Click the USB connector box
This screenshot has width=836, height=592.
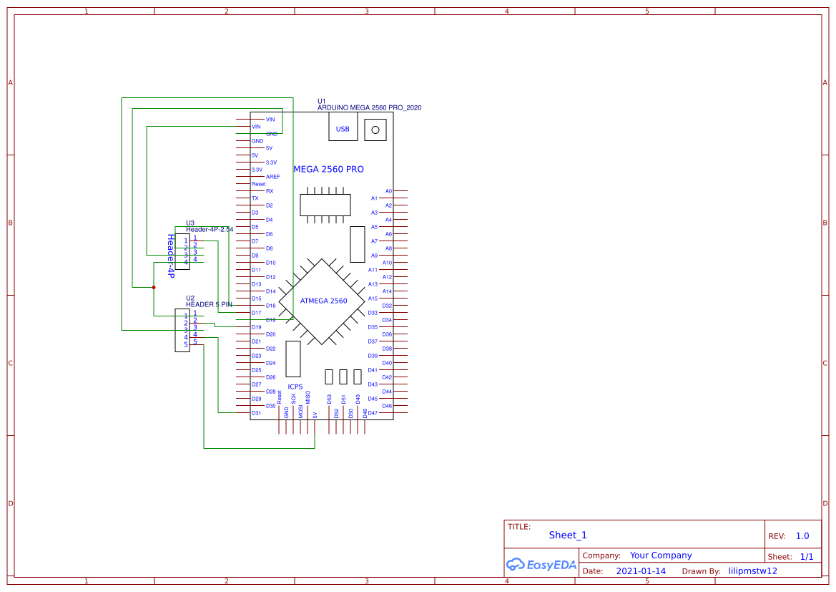coord(343,129)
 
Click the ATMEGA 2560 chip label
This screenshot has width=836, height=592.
coord(323,301)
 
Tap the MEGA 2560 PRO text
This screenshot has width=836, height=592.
coord(328,170)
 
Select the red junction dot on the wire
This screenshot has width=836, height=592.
coord(154,287)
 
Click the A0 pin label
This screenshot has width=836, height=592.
coord(388,191)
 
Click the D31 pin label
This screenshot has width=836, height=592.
coord(256,413)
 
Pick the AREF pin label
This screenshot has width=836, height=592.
coord(272,177)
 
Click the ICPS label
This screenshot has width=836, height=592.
coord(295,387)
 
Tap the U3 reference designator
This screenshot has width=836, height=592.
coord(190,223)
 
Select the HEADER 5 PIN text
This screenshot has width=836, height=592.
coord(209,304)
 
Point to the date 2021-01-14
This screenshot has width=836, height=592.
coord(641,571)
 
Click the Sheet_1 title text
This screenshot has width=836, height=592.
coord(568,535)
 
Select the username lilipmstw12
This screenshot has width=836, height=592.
coord(752,571)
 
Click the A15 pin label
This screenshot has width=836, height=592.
coord(373,299)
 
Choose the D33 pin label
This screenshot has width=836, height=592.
coord(373,313)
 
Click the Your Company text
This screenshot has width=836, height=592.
coord(660,555)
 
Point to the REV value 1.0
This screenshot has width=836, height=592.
coord(802,536)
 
